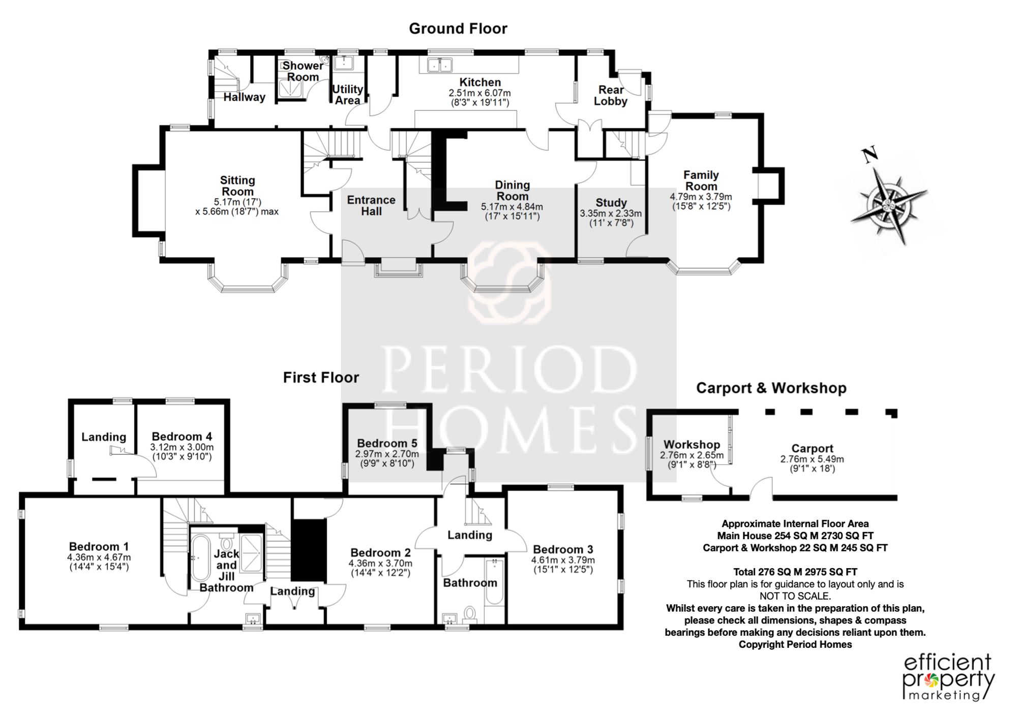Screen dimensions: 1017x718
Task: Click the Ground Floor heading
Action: pos(458,28)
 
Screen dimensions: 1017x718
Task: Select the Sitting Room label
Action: pos(237,185)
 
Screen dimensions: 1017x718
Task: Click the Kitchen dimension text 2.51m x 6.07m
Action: pos(480,93)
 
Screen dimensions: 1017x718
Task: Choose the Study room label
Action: pos(611,203)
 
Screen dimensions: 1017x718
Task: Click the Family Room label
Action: pos(701,180)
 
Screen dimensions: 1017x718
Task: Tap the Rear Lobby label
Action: pos(611,96)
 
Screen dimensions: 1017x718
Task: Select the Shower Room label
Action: pos(303,71)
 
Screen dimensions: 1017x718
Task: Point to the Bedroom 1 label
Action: pos(99,546)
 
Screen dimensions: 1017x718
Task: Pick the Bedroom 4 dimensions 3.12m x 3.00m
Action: pos(182,447)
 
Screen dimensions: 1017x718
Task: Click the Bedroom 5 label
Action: pos(387,443)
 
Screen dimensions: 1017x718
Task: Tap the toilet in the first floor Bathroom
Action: pos(469,614)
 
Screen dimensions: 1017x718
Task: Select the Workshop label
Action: pos(692,445)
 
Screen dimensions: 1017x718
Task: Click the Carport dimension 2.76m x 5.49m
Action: pos(812,459)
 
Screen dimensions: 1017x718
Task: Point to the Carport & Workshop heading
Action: pos(771,388)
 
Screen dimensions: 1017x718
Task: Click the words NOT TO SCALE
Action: pos(795,596)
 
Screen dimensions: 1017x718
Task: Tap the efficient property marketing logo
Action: pos(948,678)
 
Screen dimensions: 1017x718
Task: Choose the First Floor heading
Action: pos(321,378)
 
